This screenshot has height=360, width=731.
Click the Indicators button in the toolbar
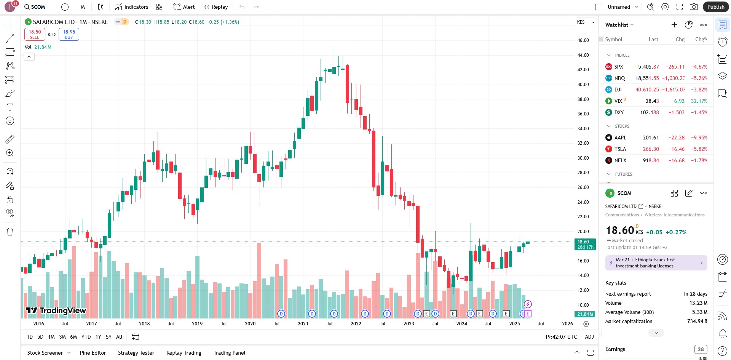coord(132,7)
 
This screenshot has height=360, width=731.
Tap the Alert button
coord(184,7)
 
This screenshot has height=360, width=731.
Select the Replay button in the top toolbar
coord(215,7)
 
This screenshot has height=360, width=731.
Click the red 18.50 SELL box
coord(35,34)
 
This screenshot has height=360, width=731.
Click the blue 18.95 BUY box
coord(69,34)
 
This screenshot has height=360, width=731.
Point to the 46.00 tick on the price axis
coord(583,40)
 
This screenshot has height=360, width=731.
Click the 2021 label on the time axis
coord(303,323)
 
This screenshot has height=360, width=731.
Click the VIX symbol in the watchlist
coord(618,101)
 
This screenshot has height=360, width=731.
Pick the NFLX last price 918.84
coord(651,160)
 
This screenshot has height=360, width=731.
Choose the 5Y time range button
coord(109,337)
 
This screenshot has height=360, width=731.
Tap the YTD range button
coord(86,337)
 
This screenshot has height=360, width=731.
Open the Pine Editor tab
coord(93,353)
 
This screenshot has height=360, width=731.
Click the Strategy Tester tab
coord(136,353)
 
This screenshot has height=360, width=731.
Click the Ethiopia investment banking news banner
coord(656,263)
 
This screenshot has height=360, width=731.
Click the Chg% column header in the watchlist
coord(701,39)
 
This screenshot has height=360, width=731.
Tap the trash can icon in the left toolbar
coord(10,232)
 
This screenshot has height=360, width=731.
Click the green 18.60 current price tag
coord(584,244)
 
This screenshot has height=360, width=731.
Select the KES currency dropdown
coord(586,22)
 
